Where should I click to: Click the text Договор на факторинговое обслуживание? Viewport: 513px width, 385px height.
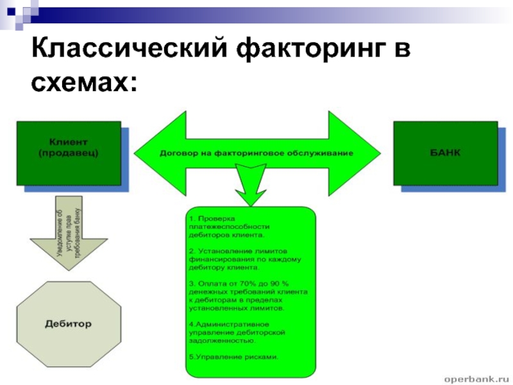pos(256,155)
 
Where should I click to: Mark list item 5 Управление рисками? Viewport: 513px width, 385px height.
pos(234,357)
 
